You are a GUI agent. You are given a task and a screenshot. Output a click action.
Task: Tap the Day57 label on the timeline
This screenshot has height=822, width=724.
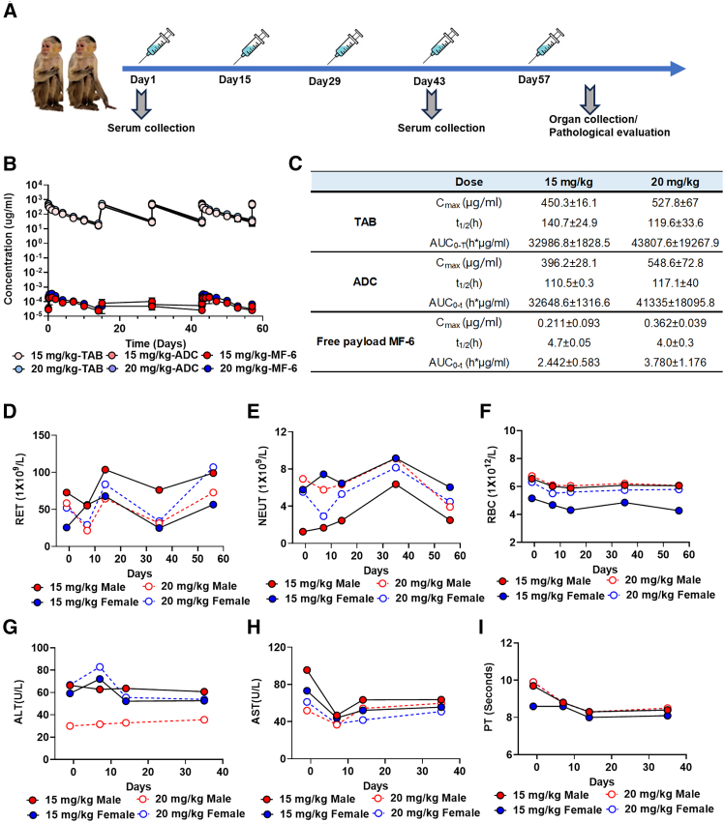[538, 80]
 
